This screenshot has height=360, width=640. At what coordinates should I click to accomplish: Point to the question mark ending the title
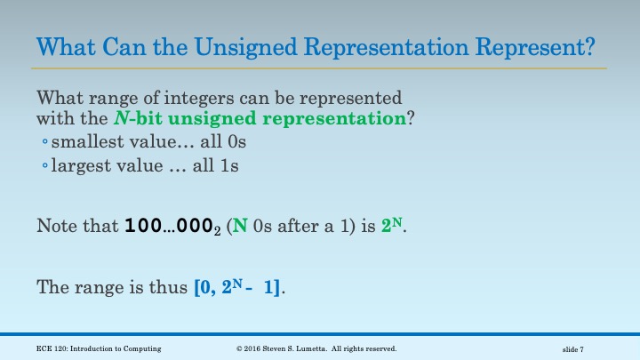(588, 44)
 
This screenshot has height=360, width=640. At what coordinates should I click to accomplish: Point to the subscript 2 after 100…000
(221, 230)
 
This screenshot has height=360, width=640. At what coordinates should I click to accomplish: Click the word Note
(54, 226)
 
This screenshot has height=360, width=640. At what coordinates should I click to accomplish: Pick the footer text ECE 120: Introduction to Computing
(99, 349)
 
